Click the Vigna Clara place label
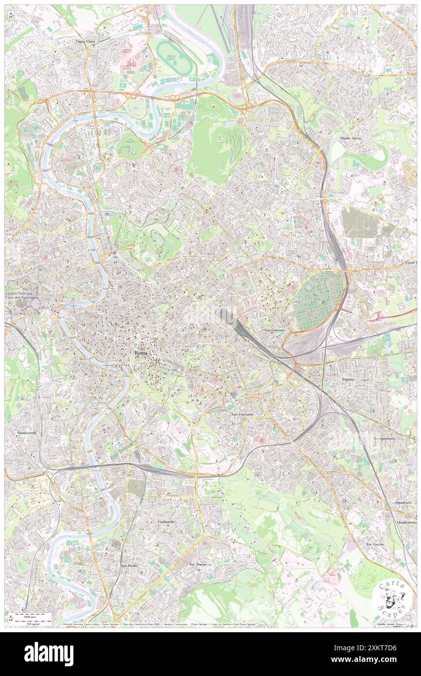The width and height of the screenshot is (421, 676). point(85,42)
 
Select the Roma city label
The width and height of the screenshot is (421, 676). point(141,353)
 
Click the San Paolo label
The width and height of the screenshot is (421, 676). point(128,566)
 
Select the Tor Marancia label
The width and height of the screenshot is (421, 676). point(200,564)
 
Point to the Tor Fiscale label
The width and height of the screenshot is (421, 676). point(375,544)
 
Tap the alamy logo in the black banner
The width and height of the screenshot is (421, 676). point(49,654)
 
